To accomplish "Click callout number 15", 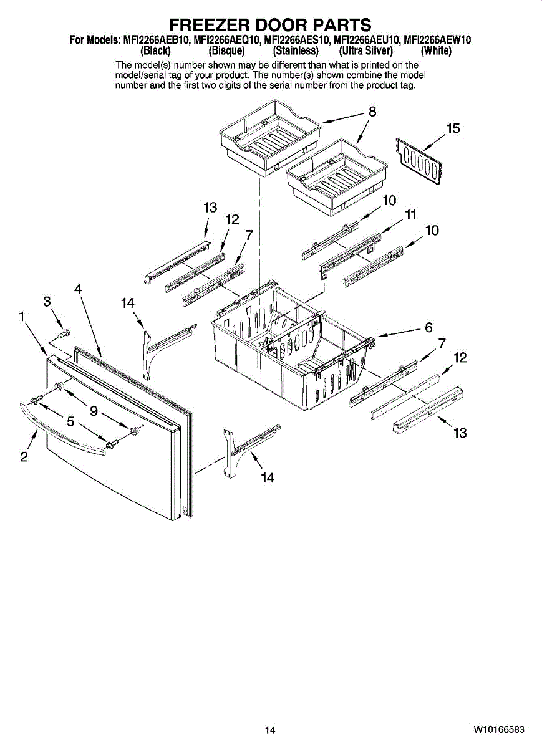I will pos(453,128).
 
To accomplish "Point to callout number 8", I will pos(372,112).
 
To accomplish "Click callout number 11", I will pos(410,215).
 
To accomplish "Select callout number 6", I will pos(428,327).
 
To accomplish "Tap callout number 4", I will pos(77,289).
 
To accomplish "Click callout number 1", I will pos(22,317).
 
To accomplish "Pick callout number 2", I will pos(24,457).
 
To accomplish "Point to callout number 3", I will pos(47,302).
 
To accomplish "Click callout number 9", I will pos(93,410).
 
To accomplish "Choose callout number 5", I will pos(71,421).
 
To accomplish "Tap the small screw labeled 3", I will pos(62,333).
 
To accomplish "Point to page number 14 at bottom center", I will pos(269,730).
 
